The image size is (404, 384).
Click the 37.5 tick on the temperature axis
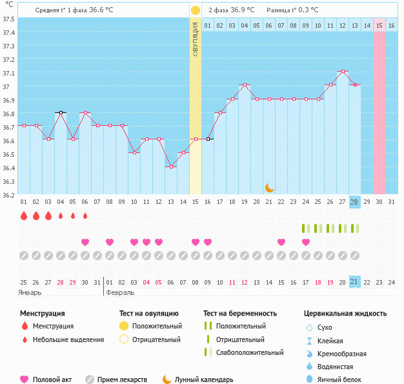tap(8, 19)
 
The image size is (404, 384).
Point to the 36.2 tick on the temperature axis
tap(8, 194)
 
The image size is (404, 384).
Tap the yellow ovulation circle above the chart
tap(196, 10)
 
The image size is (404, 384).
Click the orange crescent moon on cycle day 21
tap(270, 188)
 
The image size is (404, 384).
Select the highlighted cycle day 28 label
tap(354, 201)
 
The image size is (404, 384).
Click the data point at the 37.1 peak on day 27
tap(343, 72)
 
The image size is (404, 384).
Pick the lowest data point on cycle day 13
tap(171, 167)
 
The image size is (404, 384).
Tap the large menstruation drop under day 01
tap(24, 216)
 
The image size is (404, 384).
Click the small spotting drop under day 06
tap(85, 216)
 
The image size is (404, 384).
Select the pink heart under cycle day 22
tap(281, 242)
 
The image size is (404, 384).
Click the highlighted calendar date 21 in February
tap(354, 281)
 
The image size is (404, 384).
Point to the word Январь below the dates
tap(30, 292)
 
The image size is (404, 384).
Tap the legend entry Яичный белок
tap(346, 379)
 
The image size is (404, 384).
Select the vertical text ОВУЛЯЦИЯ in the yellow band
tap(196, 39)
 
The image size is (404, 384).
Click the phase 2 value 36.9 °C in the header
tap(241, 10)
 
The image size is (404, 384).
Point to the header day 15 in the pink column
tap(379, 25)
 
